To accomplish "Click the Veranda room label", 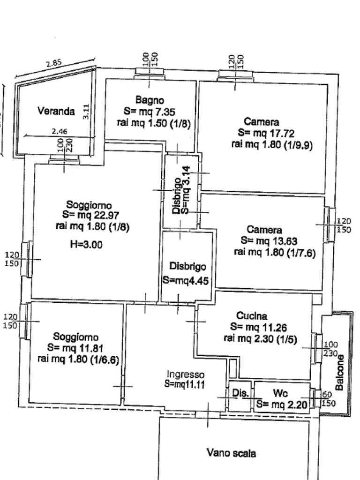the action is (x=56, y=112).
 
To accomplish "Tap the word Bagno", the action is (x=150, y=100).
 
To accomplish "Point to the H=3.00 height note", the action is (x=86, y=244).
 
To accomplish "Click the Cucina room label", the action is (x=252, y=316).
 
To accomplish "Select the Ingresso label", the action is (x=186, y=375).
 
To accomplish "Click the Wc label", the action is (x=280, y=393).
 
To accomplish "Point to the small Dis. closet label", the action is (x=240, y=394).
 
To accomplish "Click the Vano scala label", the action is (x=231, y=453).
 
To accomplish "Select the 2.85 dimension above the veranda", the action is (x=53, y=63).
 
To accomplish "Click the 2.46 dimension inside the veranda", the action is (x=59, y=132).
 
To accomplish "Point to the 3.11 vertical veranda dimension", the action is (x=86, y=111).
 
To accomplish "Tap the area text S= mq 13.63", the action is (x=269, y=241).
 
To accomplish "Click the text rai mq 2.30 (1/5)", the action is (x=260, y=339).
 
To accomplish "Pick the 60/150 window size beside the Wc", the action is (x=327, y=399).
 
